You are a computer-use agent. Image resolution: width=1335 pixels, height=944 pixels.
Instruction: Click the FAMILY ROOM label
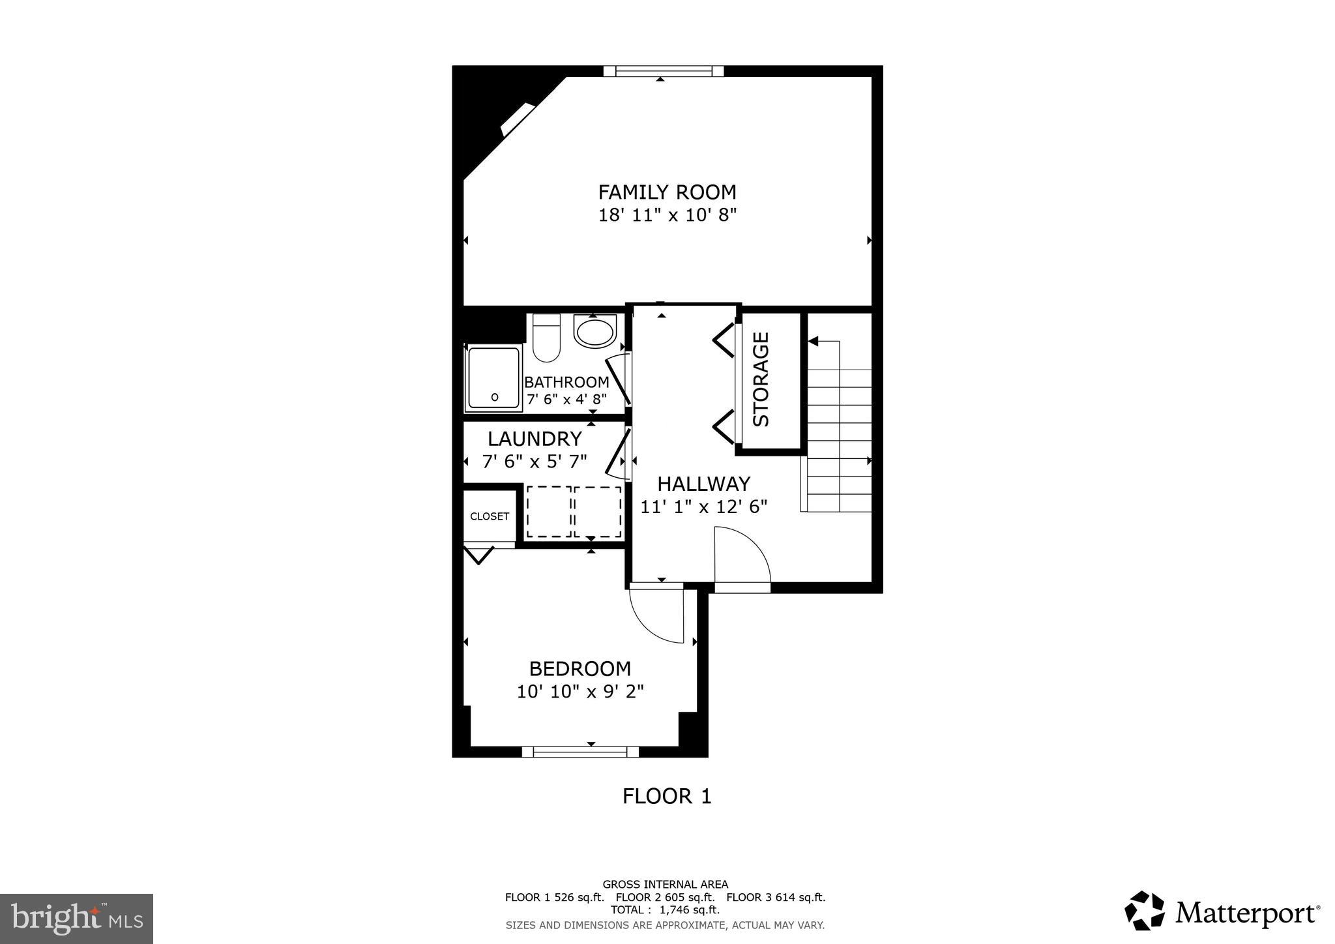tap(667, 192)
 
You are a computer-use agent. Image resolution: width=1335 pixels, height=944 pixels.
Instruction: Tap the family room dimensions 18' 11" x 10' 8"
tap(667, 215)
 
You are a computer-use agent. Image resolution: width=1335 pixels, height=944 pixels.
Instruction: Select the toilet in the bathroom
tap(546, 339)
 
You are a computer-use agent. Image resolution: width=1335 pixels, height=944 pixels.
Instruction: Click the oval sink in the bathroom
tap(594, 331)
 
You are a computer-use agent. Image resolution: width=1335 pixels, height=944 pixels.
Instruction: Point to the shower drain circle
tap(494, 396)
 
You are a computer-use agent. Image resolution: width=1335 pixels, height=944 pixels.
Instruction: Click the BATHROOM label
tap(566, 383)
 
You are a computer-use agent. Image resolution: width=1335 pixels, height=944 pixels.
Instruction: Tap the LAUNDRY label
tap(535, 439)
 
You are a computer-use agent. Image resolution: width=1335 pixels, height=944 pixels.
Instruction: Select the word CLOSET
tap(490, 516)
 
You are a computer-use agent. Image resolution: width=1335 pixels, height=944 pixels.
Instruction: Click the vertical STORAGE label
tap(761, 379)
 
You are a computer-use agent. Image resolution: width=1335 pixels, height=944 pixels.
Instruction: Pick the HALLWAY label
tap(703, 484)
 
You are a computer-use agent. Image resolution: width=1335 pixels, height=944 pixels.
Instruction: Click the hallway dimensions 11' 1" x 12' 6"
tap(703, 507)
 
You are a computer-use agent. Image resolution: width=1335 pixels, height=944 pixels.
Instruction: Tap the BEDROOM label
tap(579, 669)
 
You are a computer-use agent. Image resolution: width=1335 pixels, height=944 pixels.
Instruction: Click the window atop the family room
tap(663, 71)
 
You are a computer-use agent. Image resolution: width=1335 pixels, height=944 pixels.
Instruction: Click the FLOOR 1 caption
tap(666, 796)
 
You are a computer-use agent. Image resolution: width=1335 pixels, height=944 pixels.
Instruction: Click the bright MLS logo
tap(77, 919)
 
